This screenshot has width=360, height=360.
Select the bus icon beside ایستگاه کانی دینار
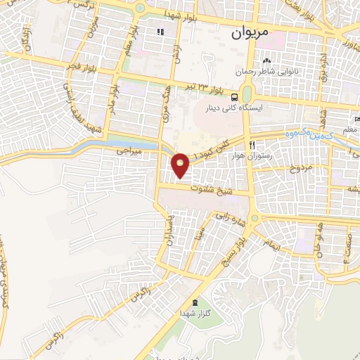234,98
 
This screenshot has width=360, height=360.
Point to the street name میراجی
129,152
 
